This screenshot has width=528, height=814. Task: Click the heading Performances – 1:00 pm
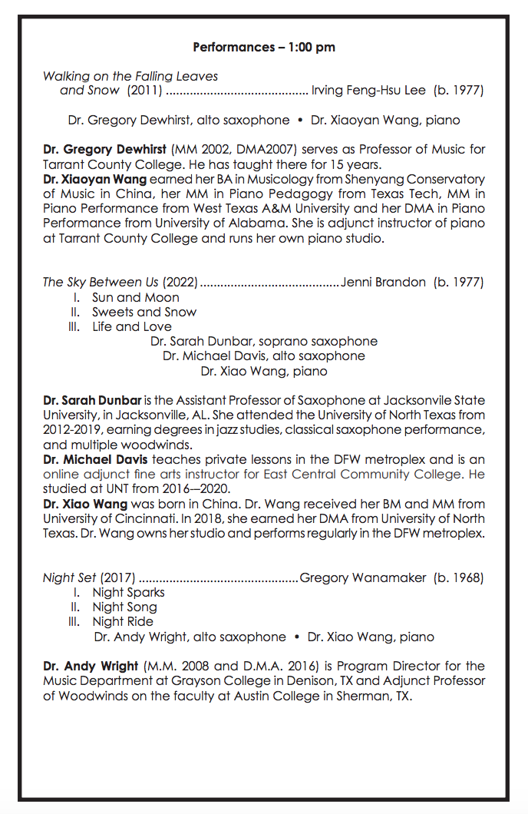[264, 47]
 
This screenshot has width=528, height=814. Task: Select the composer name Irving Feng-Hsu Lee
[368, 91]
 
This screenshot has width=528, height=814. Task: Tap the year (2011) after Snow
[144, 91]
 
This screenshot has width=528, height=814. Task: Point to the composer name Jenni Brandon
[383, 282]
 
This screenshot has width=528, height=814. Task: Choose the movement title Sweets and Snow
[144, 312]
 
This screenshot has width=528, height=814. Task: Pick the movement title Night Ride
[123, 621]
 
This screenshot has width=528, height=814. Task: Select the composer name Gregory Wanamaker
[363, 577]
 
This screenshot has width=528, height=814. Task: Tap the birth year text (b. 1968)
[459, 577]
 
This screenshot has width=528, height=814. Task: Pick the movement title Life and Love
[132, 326]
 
